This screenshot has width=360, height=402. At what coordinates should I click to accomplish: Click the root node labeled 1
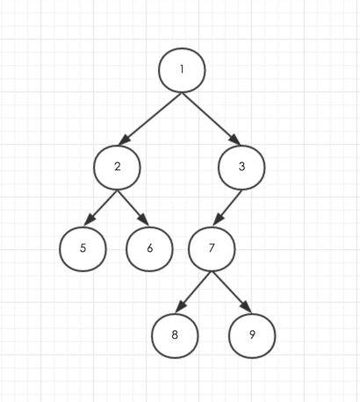(182, 70)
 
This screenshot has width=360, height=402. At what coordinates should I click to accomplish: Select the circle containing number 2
(117, 168)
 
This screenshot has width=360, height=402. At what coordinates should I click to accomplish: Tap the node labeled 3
(241, 168)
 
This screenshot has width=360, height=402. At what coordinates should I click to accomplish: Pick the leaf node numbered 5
(83, 248)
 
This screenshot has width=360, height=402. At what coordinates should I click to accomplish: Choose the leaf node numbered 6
(149, 248)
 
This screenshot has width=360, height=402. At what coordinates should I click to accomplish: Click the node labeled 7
(212, 248)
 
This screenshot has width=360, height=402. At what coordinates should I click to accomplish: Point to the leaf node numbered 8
(175, 335)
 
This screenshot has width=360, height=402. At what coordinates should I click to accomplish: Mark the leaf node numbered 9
(252, 335)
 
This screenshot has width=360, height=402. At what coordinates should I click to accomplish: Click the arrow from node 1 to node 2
(150, 118)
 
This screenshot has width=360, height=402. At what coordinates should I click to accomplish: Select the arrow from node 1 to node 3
(212, 118)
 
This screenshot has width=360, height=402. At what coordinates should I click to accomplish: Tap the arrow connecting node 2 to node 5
(100, 208)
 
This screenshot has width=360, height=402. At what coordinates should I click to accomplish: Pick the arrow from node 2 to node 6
(133, 208)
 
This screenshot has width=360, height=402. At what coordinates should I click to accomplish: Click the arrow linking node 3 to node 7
(227, 208)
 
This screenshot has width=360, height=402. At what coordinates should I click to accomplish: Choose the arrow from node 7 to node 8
(193, 292)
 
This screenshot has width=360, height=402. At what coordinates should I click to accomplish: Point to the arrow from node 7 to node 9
(232, 292)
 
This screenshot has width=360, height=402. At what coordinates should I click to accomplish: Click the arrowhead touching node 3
(235, 140)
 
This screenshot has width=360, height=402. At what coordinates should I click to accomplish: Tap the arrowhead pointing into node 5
(89, 220)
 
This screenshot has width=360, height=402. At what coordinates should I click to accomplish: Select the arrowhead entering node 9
(247, 307)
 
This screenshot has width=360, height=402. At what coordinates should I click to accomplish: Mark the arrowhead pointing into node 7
(218, 219)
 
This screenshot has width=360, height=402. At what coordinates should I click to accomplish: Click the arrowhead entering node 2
(124, 140)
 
